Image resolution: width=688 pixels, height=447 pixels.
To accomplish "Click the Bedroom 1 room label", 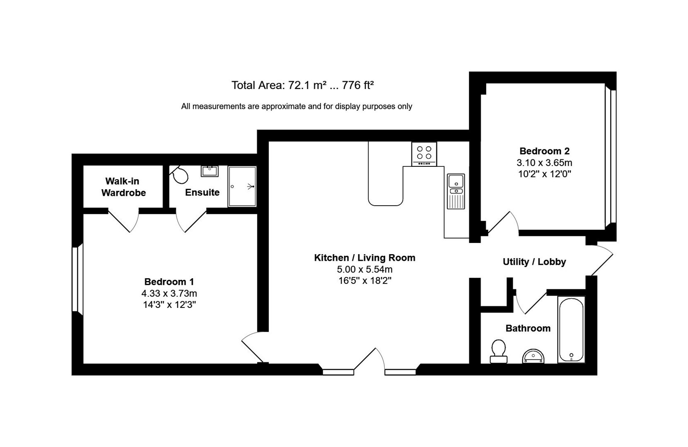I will pos(169,282).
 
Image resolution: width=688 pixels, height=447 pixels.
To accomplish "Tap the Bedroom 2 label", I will pos(544,151).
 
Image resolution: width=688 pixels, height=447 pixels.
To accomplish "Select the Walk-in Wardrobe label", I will pos(123,187).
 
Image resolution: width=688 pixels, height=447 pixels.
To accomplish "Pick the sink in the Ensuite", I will pos(210,171).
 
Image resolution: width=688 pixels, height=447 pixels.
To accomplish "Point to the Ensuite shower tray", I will pos(242,186).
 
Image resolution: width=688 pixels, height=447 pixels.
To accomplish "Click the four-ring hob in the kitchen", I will pos(424,154).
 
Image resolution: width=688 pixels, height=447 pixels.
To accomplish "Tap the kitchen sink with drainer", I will pos(456,191).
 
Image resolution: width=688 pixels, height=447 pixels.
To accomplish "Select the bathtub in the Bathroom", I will pos(571,330).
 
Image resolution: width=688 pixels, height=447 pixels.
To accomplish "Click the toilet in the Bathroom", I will pos(498,351).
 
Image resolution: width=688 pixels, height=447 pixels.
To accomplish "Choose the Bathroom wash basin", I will pos(533,356).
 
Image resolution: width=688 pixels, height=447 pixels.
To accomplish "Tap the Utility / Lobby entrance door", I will pos(601,260).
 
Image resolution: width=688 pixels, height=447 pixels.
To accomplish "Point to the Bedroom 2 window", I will pos(611,156).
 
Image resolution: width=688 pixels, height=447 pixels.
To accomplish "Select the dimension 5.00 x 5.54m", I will pos(365,269).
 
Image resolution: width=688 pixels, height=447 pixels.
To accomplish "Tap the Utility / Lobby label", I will pos(534,262).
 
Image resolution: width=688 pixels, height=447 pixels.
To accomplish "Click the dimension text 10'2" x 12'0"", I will pos(544,174).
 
